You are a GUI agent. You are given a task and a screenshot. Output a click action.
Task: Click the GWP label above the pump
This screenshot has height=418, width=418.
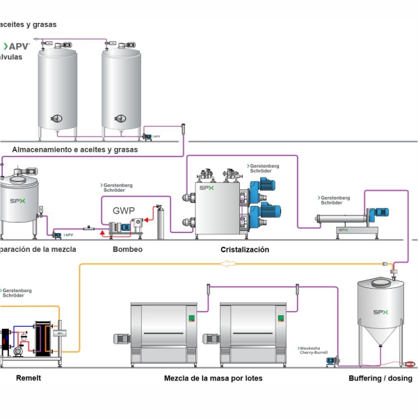click(x=124, y=210)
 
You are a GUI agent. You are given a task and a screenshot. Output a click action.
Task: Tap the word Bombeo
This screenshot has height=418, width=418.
click(x=127, y=249)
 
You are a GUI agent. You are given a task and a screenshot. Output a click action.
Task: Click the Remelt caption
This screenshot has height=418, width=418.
click(x=29, y=378)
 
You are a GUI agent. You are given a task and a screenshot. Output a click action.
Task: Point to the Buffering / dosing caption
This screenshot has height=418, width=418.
click(x=380, y=378)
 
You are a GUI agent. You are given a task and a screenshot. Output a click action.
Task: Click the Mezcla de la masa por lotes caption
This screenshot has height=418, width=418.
click(x=214, y=378)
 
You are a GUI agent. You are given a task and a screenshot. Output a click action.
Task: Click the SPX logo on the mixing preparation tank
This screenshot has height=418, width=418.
click(x=15, y=201)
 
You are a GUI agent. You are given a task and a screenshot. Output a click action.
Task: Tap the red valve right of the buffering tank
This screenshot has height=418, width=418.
click(x=411, y=364)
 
